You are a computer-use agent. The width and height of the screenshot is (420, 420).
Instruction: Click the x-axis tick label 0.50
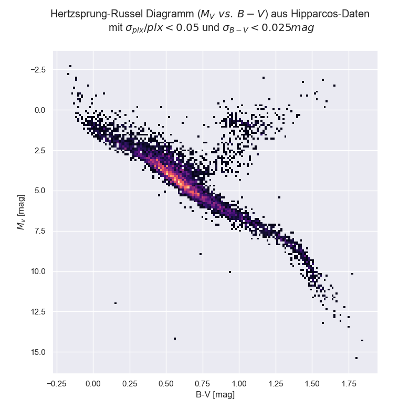pyautogui.click(x=166, y=383)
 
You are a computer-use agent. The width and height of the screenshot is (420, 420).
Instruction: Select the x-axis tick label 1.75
pyautogui.click(x=348, y=383)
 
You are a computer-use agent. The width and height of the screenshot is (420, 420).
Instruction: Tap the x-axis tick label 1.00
pyautogui.click(x=238, y=383)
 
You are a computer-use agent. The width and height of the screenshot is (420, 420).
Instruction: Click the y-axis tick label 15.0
pyautogui.click(x=39, y=352)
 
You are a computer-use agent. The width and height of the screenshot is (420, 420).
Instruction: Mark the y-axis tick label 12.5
pyautogui.click(x=39, y=312)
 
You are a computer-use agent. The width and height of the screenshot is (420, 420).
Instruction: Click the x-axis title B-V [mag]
pyautogui.click(x=215, y=394)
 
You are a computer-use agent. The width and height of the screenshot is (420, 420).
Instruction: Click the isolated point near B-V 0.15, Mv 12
pyautogui.click(x=115, y=303)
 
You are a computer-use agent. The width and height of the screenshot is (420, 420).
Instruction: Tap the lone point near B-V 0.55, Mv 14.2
pyautogui.click(x=175, y=338)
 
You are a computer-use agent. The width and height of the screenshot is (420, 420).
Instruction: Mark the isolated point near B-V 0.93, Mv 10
pyautogui.click(x=230, y=271)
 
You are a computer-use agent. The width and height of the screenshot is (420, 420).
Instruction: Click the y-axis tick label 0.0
pyautogui.click(x=41, y=110)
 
